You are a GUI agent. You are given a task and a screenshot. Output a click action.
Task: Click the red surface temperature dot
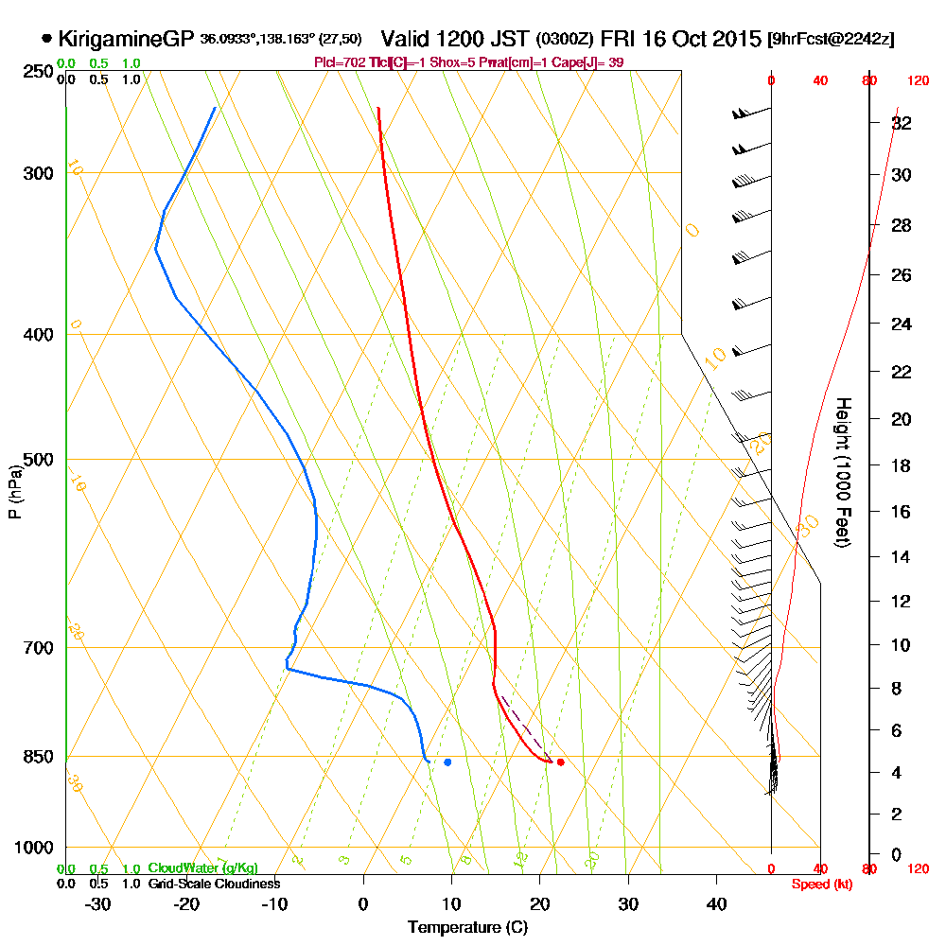(560, 762)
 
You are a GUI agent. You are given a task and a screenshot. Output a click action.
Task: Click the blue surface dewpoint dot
(447, 762)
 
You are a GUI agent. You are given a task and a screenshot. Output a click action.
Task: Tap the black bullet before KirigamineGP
(47, 39)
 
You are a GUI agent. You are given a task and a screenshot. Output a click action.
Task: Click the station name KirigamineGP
(126, 39)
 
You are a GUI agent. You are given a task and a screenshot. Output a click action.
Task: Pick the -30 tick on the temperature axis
(98, 903)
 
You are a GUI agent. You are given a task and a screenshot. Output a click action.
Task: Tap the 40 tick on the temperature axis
(717, 903)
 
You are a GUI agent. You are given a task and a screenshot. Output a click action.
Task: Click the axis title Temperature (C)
(467, 928)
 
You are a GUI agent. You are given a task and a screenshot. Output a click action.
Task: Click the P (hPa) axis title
(14, 491)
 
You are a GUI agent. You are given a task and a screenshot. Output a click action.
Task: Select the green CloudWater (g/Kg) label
(202, 868)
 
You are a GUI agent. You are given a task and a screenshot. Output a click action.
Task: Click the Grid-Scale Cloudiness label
(214, 884)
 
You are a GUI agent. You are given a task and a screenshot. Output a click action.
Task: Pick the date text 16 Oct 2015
(692, 39)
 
